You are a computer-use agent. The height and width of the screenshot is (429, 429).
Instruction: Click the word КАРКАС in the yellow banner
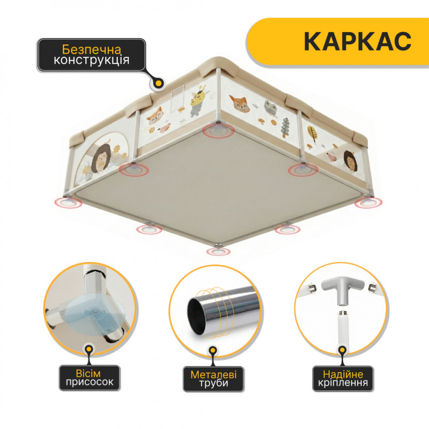(357, 41)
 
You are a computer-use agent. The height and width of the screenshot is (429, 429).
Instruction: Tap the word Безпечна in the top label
(91, 49)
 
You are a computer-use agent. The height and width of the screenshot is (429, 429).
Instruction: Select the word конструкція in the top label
(91, 60)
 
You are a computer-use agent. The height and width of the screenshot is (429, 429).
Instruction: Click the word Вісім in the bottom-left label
(88, 373)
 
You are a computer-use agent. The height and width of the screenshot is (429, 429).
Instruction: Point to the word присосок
(90, 382)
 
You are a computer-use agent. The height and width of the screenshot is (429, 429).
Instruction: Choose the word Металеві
(213, 374)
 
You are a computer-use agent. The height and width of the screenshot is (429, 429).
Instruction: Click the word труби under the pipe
(213, 383)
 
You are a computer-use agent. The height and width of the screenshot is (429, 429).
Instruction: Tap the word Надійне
(343, 374)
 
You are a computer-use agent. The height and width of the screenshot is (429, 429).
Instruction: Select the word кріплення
(343, 382)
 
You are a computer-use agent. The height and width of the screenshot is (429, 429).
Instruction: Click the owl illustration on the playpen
(270, 108)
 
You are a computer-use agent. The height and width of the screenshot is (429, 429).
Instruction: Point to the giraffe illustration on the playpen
(199, 100)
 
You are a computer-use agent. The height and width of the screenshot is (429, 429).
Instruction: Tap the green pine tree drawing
(285, 128)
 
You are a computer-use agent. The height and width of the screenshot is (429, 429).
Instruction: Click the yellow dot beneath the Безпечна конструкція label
(158, 83)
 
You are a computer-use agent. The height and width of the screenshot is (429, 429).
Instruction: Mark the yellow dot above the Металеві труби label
(213, 351)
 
